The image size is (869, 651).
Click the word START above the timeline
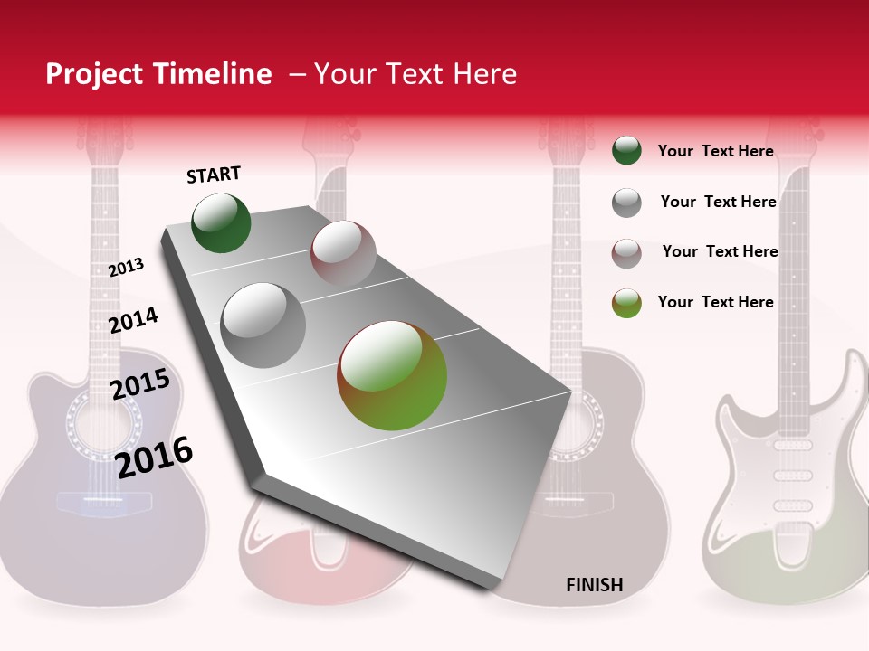pos(214,175)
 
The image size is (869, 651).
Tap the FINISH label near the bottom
pos(594,585)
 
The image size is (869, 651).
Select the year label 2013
pos(126,267)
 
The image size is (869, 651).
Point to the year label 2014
pos(133,320)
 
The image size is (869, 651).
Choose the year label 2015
pos(139,384)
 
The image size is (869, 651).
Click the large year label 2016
pos(154,457)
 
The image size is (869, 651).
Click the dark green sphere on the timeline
pos(221,222)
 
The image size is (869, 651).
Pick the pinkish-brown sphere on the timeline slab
pos(343,252)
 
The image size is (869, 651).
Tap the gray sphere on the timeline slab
pos(263,325)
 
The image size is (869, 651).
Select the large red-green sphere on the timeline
pos(392,375)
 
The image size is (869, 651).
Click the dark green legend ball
pos(626,151)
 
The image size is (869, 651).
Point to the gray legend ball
pos(626,203)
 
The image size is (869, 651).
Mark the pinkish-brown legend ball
pos(626,253)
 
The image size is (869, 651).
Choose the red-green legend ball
pos(626,303)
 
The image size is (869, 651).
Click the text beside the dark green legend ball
pos(715,151)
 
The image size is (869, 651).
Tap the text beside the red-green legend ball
pos(715,302)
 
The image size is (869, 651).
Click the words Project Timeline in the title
pos(158,74)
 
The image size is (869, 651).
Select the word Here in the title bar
pos(484,74)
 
